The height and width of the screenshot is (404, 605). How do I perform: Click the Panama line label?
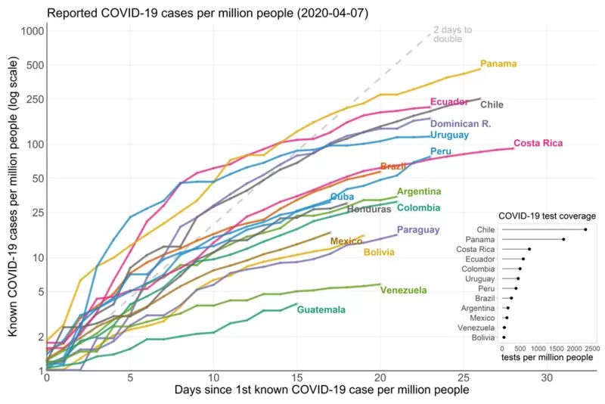[498, 64]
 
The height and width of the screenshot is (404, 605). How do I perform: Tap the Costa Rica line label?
[538, 143]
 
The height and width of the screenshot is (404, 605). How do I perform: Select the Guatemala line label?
[321, 309]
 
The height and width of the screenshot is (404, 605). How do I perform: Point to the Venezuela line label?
[403, 291]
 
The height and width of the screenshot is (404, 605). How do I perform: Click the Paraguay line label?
[418, 230]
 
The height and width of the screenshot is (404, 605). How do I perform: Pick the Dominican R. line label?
[461, 124]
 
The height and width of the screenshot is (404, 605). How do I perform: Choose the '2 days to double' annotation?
[452, 34]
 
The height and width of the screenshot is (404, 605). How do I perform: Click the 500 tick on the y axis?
[35, 65]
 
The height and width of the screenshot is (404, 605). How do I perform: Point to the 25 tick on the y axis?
[38, 213]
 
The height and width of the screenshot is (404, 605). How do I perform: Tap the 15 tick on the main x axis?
[296, 378]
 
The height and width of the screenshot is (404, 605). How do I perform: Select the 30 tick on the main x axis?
[547, 378]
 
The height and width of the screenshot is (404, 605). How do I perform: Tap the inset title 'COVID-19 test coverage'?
[547, 216]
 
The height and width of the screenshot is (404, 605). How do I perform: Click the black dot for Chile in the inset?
[585, 229]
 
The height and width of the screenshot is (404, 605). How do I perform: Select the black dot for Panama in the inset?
[563, 240]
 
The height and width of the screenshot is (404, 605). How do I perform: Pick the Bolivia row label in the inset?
[483, 337]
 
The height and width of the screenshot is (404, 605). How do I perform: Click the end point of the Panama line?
[480, 69]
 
